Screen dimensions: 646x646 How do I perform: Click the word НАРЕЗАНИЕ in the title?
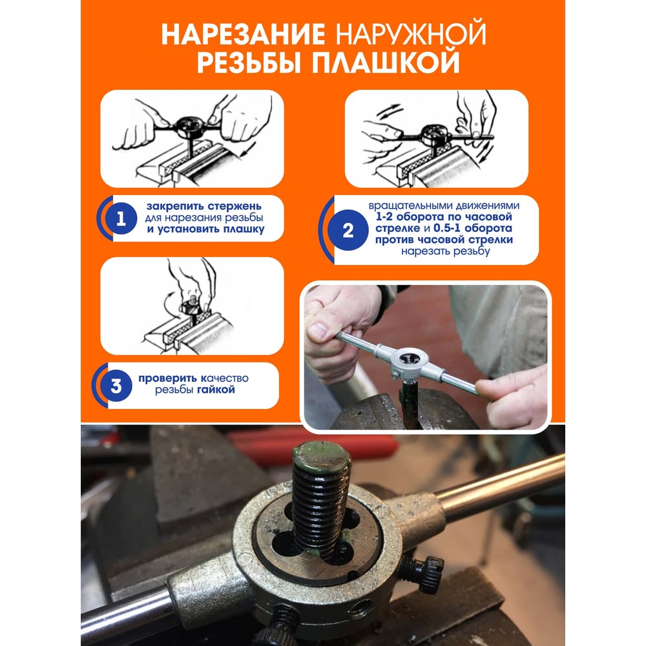(243, 34)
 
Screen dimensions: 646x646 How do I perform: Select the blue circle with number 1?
(121, 218)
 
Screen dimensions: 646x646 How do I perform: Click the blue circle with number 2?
(348, 230)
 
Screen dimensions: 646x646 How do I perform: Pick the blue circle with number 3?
(116, 386)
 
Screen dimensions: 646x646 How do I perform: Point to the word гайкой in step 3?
(216, 390)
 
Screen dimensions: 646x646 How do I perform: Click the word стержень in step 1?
(234, 206)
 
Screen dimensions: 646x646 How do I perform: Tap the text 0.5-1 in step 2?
(447, 228)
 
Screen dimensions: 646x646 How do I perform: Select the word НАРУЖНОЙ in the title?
(411, 34)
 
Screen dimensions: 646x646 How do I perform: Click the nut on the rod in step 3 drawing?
(190, 308)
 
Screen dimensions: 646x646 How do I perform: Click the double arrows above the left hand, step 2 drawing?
(390, 111)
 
